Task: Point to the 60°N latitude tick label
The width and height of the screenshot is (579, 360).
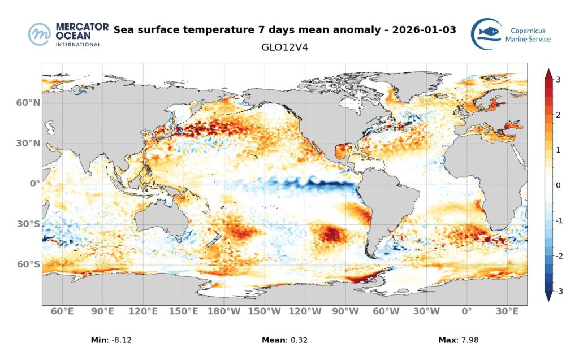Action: point(28,103)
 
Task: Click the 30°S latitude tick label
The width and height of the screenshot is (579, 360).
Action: point(28,224)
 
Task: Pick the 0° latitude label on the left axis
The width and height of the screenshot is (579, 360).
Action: point(34,184)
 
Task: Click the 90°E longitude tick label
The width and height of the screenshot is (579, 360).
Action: point(103,311)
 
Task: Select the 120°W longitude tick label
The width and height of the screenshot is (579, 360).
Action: point(305,311)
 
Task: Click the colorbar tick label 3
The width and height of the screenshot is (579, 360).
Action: point(558,80)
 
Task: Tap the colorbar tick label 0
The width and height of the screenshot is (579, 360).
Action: point(558,185)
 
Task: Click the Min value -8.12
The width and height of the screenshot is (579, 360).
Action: point(123,340)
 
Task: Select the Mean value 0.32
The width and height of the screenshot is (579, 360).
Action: point(299,340)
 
